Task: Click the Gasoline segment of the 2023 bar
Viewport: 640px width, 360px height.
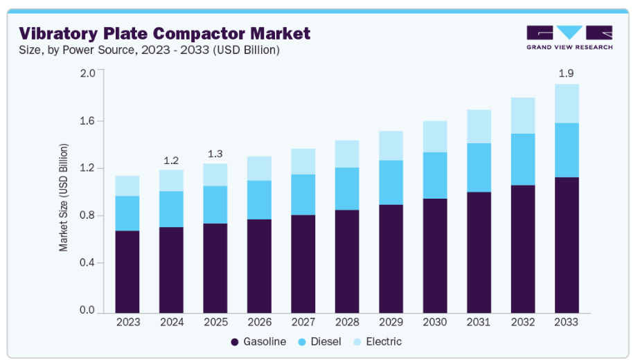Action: pyautogui.click(x=127, y=271)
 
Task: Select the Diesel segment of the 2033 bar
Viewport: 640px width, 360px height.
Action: pyautogui.click(x=567, y=150)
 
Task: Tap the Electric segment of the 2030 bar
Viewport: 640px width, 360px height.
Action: pyautogui.click(x=435, y=136)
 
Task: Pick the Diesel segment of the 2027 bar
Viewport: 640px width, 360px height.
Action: pyautogui.click(x=303, y=195)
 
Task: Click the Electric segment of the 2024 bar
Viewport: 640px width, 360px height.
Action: pyautogui.click(x=171, y=181)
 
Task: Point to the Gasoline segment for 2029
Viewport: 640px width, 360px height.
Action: pyautogui.click(x=391, y=258)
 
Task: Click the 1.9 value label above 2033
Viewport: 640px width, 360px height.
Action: pyautogui.click(x=567, y=73)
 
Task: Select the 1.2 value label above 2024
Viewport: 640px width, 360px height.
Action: pyautogui.click(x=171, y=161)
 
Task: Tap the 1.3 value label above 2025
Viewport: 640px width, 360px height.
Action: pyautogui.click(x=215, y=154)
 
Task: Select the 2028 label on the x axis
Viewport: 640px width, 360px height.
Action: pyautogui.click(x=347, y=322)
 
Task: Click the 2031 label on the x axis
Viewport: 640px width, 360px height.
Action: pyautogui.click(x=479, y=322)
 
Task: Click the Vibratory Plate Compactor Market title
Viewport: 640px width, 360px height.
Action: pyautogui.click(x=165, y=33)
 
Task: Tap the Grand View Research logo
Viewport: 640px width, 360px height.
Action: pyautogui.click(x=569, y=37)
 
